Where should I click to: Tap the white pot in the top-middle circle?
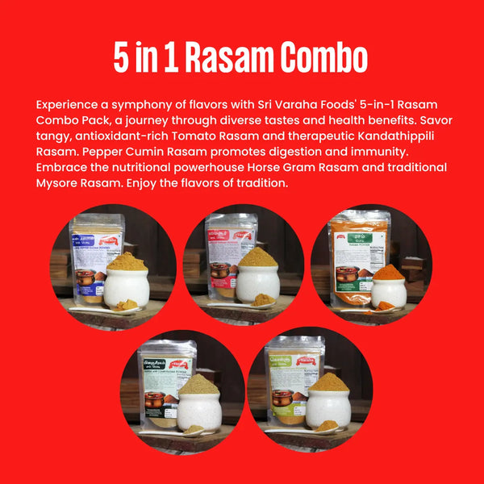pos(257,283)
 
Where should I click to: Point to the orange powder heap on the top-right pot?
pos(389,272)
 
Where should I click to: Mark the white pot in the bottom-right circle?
pos(328,408)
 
